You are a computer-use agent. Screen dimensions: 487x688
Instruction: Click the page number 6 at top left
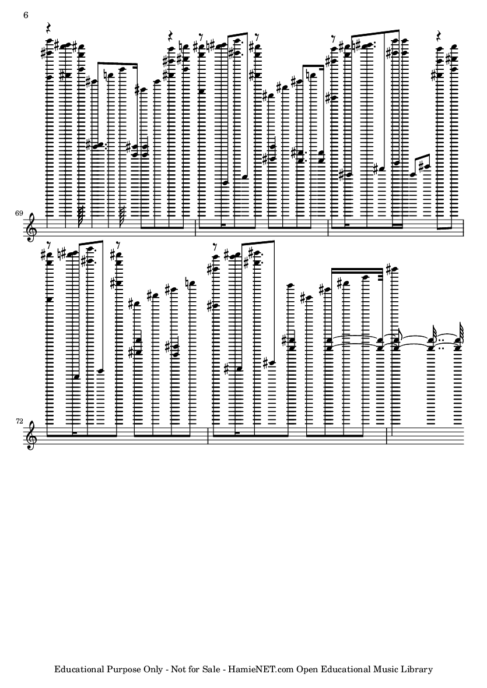(x=26, y=15)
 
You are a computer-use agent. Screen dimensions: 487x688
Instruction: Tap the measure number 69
(x=19, y=213)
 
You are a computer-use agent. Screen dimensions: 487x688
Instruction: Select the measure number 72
(x=19, y=421)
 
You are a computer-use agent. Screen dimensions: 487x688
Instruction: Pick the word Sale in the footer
(x=211, y=669)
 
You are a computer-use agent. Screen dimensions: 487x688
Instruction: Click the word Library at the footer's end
(x=418, y=669)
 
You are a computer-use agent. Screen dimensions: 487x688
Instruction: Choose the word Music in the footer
(x=387, y=669)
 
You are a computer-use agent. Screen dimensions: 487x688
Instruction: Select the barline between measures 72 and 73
(x=208, y=435)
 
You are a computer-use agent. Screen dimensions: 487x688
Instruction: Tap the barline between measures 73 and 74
(x=387, y=435)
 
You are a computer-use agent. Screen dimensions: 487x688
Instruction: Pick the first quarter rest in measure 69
(x=49, y=29)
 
